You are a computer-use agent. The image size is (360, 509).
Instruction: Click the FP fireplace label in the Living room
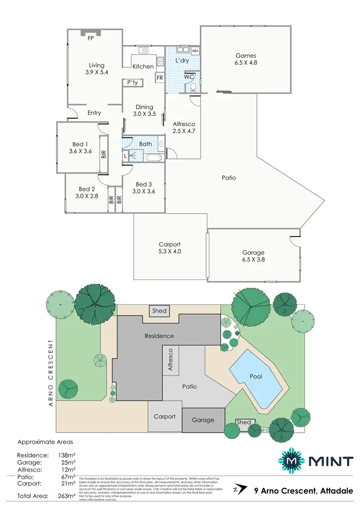[x=90, y=38]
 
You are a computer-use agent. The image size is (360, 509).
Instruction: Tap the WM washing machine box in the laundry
[x=195, y=50]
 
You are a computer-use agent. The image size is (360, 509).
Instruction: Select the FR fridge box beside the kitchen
[x=159, y=77]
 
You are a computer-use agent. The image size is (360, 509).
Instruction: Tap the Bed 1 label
[x=80, y=144]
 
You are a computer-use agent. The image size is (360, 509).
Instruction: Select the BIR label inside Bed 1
[x=104, y=155]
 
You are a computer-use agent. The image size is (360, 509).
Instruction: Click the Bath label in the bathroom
[x=145, y=144]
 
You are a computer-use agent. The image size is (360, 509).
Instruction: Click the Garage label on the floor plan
[x=253, y=253]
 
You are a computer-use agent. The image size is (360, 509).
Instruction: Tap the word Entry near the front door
[x=95, y=113]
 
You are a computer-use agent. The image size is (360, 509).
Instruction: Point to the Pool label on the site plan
[x=256, y=376]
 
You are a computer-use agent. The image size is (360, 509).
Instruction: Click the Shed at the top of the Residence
[x=159, y=311]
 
